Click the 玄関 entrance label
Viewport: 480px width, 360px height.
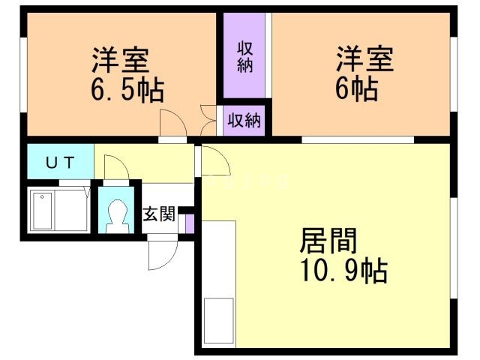pyautogui.click(x=159, y=214)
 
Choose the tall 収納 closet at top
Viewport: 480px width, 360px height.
pyautogui.click(x=244, y=56)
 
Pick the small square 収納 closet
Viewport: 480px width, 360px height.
pyautogui.click(x=244, y=120)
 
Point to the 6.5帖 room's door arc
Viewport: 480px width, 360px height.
pyautogui.click(x=173, y=122)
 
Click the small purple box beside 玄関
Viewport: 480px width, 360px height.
pyautogui.click(x=190, y=223)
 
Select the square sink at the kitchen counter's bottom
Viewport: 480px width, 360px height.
pyautogui.click(x=219, y=318)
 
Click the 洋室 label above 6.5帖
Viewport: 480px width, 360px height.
pyautogui.click(x=120, y=58)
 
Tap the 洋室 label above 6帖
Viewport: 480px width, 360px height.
pyautogui.click(x=364, y=58)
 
